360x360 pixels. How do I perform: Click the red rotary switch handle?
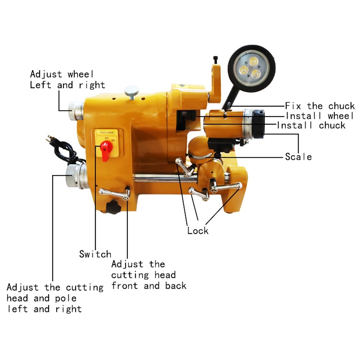106,148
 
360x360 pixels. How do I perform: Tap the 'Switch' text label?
95,254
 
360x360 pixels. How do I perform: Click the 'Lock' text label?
198,231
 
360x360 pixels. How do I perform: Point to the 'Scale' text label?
298,157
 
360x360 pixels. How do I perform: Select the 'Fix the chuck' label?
320,106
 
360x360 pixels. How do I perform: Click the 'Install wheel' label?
320,116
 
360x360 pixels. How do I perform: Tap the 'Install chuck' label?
311,125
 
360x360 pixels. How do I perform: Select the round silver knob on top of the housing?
131,90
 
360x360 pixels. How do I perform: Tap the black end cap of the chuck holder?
258,124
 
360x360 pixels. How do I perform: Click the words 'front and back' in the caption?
149,286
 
